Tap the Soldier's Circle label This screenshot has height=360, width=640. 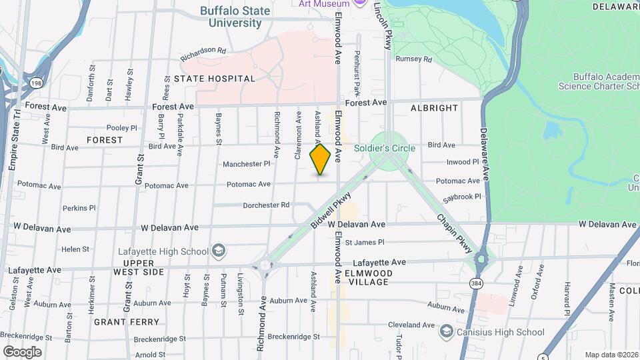385,148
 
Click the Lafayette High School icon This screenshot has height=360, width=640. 218,251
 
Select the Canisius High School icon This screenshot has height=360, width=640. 446,331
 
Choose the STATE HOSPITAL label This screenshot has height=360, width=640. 214,79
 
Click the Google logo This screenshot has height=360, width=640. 22,351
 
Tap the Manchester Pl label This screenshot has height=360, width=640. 246,163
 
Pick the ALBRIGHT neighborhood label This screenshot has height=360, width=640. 434,107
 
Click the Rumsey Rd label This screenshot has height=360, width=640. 413,59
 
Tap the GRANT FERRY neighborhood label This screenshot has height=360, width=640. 119,321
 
